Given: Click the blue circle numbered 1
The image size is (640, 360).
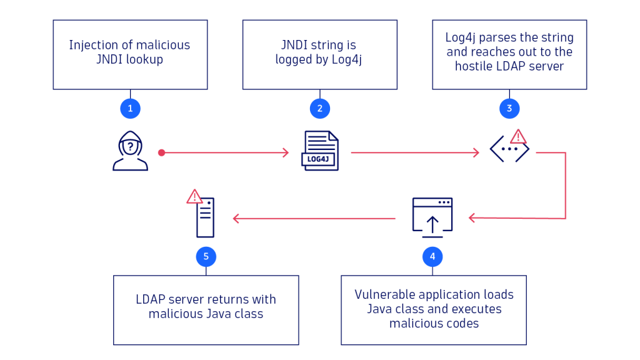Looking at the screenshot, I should pyautogui.click(x=130, y=108).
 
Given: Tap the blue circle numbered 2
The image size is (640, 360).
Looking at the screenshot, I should pyautogui.click(x=319, y=108).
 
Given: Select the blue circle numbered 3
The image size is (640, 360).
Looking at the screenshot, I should pyautogui.click(x=509, y=108).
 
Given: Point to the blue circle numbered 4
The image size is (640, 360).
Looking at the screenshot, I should pyautogui.click(x=432, y=256).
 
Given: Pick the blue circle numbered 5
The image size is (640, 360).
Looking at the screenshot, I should pyautogui.click(x=206, y=256).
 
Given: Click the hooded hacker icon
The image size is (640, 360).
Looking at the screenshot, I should pyautogui.click(x=130, y=151).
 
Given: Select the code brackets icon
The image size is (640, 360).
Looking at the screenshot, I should pyautogui.click(x=509, y=149).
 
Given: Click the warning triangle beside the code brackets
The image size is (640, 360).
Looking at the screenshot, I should pyautogui.click(x=518, y=136).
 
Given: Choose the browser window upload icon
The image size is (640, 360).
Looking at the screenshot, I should pyautogui.click(x=432, y=217).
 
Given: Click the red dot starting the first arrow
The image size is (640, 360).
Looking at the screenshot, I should pyautogui.click(x=161, y=152).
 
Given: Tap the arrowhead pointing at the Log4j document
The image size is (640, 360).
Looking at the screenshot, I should pyautogui.click(x=286, y=152).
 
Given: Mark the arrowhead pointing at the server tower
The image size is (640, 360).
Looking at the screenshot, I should pyautogui.click(x=236, y=218).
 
